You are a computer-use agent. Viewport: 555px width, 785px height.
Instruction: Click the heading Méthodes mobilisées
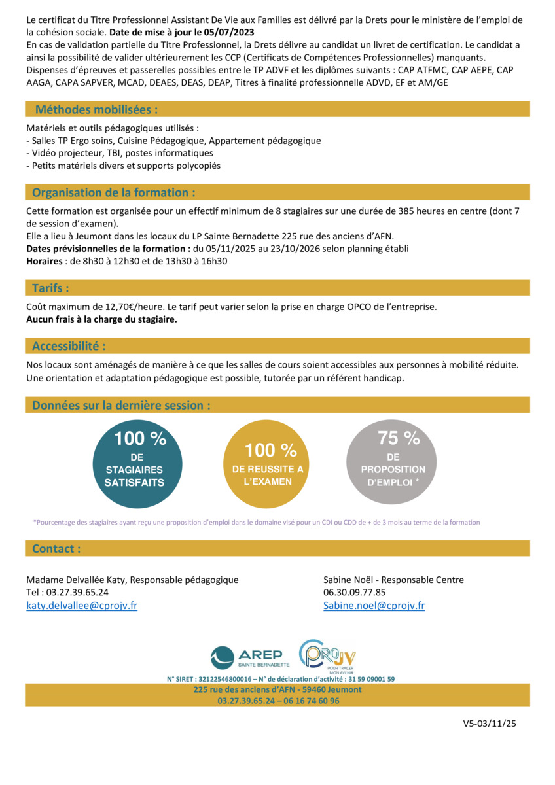(96, 109)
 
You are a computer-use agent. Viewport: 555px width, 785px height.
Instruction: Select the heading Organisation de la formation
(113, 192)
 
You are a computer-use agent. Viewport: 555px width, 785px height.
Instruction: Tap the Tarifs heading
(50, 288)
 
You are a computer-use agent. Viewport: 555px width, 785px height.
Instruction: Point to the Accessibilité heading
(69, 345)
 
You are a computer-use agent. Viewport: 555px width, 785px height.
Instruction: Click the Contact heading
(56, 548)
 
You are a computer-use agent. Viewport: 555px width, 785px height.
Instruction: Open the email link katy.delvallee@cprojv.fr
(82, 606)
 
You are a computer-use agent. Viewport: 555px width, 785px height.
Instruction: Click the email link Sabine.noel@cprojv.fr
(374, 606)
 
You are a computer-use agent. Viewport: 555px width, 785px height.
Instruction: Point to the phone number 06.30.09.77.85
(355, 592)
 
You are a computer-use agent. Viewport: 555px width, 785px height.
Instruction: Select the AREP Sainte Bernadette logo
(250, 657)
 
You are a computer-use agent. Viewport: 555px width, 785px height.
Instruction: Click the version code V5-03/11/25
(490, 724)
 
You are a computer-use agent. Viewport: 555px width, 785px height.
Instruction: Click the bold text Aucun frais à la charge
(101, 319)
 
